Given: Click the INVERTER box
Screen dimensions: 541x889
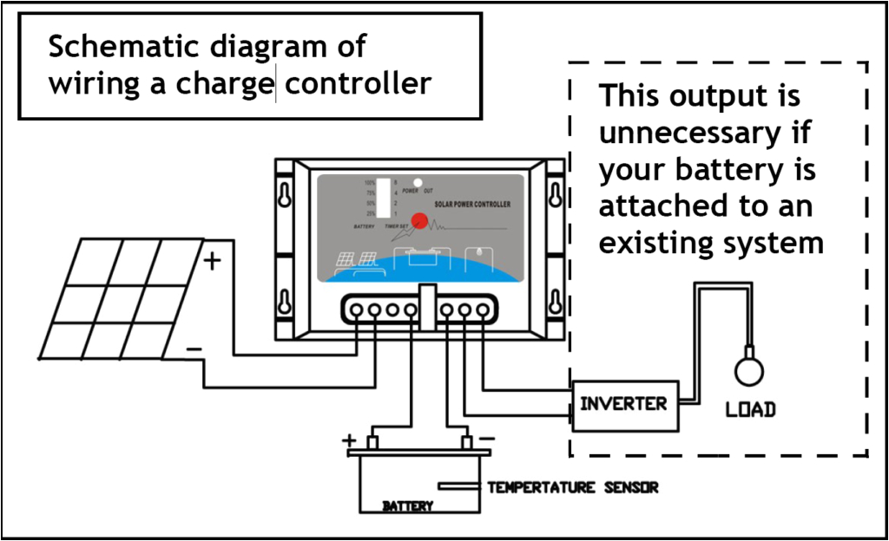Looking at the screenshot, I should [623, 404].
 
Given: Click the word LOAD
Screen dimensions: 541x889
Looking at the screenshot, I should [750, 409].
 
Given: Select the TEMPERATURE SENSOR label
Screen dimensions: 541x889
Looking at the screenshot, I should [572, 487].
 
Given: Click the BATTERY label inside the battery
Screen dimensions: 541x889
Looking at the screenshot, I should [407, 505].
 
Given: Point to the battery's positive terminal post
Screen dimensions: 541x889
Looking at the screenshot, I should [372, 442].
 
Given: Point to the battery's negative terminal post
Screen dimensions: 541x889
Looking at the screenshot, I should [466, 442].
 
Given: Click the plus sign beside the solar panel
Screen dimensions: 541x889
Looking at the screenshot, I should [213, 259].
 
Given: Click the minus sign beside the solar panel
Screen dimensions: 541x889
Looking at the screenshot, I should [195, 349].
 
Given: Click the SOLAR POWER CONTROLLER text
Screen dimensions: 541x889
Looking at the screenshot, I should [472, 204].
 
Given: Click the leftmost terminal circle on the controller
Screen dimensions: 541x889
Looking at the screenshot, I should [357, 309].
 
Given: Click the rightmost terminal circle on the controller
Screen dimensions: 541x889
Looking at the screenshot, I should [483, 309].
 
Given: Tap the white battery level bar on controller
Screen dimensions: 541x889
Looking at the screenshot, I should [383, 198].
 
